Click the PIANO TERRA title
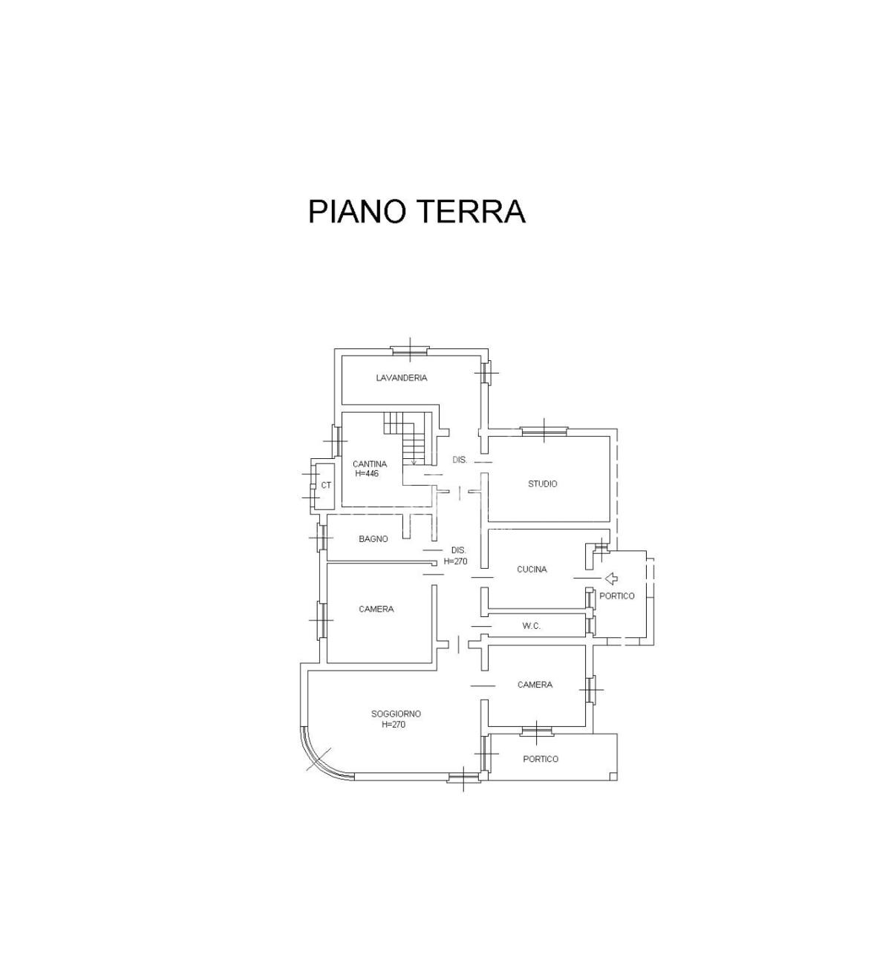(417, 211)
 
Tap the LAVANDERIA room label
(402, 377)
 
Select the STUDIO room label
(542, 483)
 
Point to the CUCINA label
(532, 569)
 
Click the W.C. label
(532, 626)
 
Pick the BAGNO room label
(373, 538)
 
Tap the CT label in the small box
(326, 485)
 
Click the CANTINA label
(370, 464)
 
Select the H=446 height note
(367, 473)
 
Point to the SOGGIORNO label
(396, 714)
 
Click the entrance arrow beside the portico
(612, 578)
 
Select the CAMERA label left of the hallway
(376, 609)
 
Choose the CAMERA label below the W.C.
(535, 685)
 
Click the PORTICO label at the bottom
(541, 759)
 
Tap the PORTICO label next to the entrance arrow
(617, 596)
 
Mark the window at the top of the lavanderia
(410, 350)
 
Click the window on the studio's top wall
(544, 431)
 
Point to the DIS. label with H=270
(455, 555)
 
